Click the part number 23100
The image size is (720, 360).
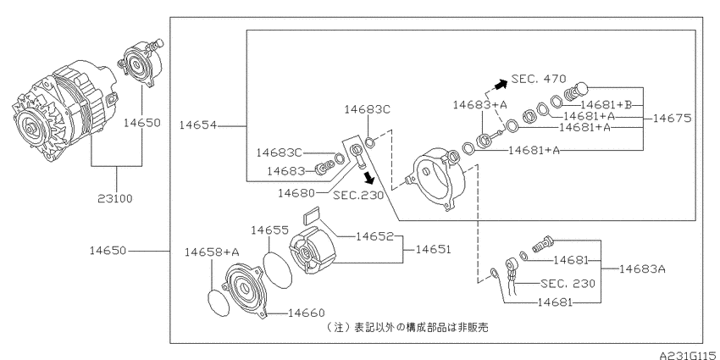pos(115,198)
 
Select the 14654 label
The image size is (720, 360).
pos(197,125)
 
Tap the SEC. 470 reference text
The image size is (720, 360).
pos(539,79)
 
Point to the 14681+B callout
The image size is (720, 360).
pos(606,105)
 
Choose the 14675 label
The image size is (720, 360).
pos(672,118)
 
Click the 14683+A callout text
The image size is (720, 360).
pos(479,104)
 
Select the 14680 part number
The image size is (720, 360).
pos(296,193)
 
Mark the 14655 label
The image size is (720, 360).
pos(269,230)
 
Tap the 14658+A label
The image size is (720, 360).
pos(212,252)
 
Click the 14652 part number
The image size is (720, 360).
pos(374,236)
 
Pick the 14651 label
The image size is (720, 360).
pos(434,249)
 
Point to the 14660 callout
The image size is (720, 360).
pos(307,313)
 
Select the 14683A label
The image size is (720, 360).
pos(642,269)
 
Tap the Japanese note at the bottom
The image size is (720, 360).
pos(407,327)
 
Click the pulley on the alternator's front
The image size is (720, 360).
pos(29,128)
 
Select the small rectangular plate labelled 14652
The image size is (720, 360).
pos(313,216)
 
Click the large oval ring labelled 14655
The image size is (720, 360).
pos(277,270)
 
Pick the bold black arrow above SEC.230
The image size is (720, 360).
pos(368,177)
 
